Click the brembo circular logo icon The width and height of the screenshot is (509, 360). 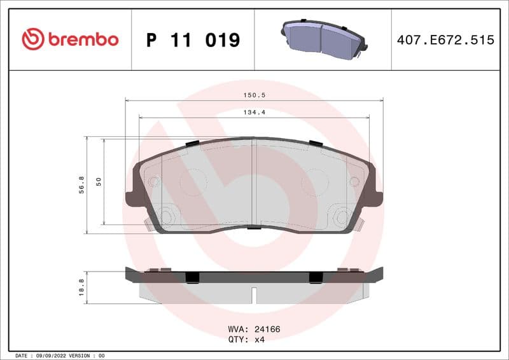point(33,39)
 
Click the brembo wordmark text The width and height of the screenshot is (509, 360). point(82,39)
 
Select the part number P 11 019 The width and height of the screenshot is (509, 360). point(193,40)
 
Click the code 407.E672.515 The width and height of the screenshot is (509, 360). point(445,40)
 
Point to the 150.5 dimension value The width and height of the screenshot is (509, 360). point(254,95)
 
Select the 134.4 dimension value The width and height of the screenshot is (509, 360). point(254,112)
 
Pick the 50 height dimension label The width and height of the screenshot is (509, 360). point(99,182)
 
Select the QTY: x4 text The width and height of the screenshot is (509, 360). point(246,340)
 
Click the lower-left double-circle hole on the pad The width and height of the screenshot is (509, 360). point(167,217)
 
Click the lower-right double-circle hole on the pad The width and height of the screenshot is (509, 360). point(342,217)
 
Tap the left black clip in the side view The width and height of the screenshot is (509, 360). point(192,277)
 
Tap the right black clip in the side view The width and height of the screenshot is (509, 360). point(316,277)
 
